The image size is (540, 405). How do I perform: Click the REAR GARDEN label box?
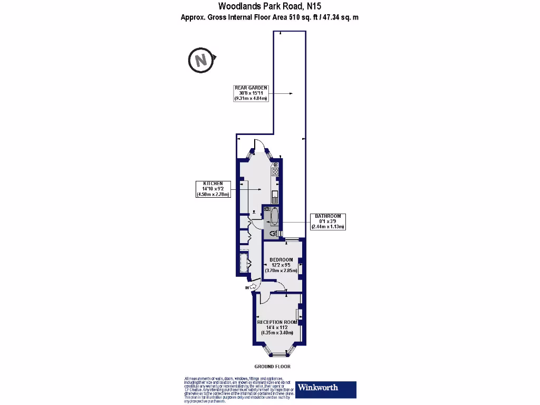(251, 93)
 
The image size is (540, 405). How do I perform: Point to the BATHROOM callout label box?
(328, 221)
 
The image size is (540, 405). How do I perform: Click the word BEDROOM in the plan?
(281, 260)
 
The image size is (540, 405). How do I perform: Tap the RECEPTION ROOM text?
(277, 322)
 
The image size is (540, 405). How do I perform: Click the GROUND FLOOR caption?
(272, 367)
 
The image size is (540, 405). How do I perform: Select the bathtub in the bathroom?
(274, 216)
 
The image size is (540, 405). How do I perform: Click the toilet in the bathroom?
(273, 233)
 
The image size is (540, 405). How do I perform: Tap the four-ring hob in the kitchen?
(275, 171)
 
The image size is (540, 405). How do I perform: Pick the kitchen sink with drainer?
(275, 197)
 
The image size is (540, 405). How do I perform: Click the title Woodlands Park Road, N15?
(270, 6)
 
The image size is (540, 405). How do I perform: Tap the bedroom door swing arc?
(281, 287)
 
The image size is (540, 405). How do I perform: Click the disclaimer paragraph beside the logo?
(236, 390)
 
